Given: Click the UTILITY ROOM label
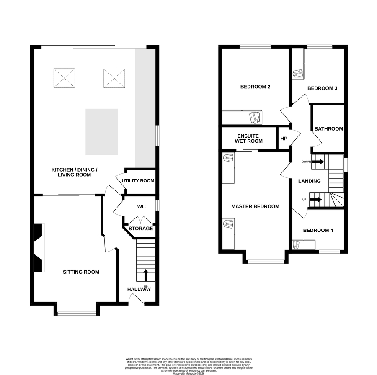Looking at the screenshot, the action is (x=138, y=181).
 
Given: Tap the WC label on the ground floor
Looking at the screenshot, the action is (x=142, y=207).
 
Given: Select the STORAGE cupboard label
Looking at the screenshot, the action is (x=141, y=229).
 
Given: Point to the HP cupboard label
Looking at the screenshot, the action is (x=284, y=139).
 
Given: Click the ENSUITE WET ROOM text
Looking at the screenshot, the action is (x=248, y=139).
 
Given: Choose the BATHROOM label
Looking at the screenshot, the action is (x=329, y=129).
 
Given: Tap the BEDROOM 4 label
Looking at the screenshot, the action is (x=318, y=230).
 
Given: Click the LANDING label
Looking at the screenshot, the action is (x=310, y=181).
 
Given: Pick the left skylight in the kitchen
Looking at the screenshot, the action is (x=64, y=78).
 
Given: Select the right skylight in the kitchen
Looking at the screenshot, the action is (x=114, y=78).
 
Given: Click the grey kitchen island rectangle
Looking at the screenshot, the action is (x=102, y=132).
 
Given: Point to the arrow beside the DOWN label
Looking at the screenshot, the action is (x=318, y=162).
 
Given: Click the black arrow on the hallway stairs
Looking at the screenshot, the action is (x=146, y=275).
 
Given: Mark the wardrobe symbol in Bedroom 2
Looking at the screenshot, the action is (x=255, y=118).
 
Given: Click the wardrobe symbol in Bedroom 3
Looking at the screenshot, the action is (x=298, y=74).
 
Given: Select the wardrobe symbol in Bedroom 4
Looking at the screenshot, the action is (x=296, y=245).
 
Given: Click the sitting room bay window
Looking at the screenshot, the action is (x=77, y=313).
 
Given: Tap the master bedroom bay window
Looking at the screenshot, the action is (x=266, y=262).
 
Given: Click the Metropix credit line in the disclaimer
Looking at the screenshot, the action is (x=188, y=374).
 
